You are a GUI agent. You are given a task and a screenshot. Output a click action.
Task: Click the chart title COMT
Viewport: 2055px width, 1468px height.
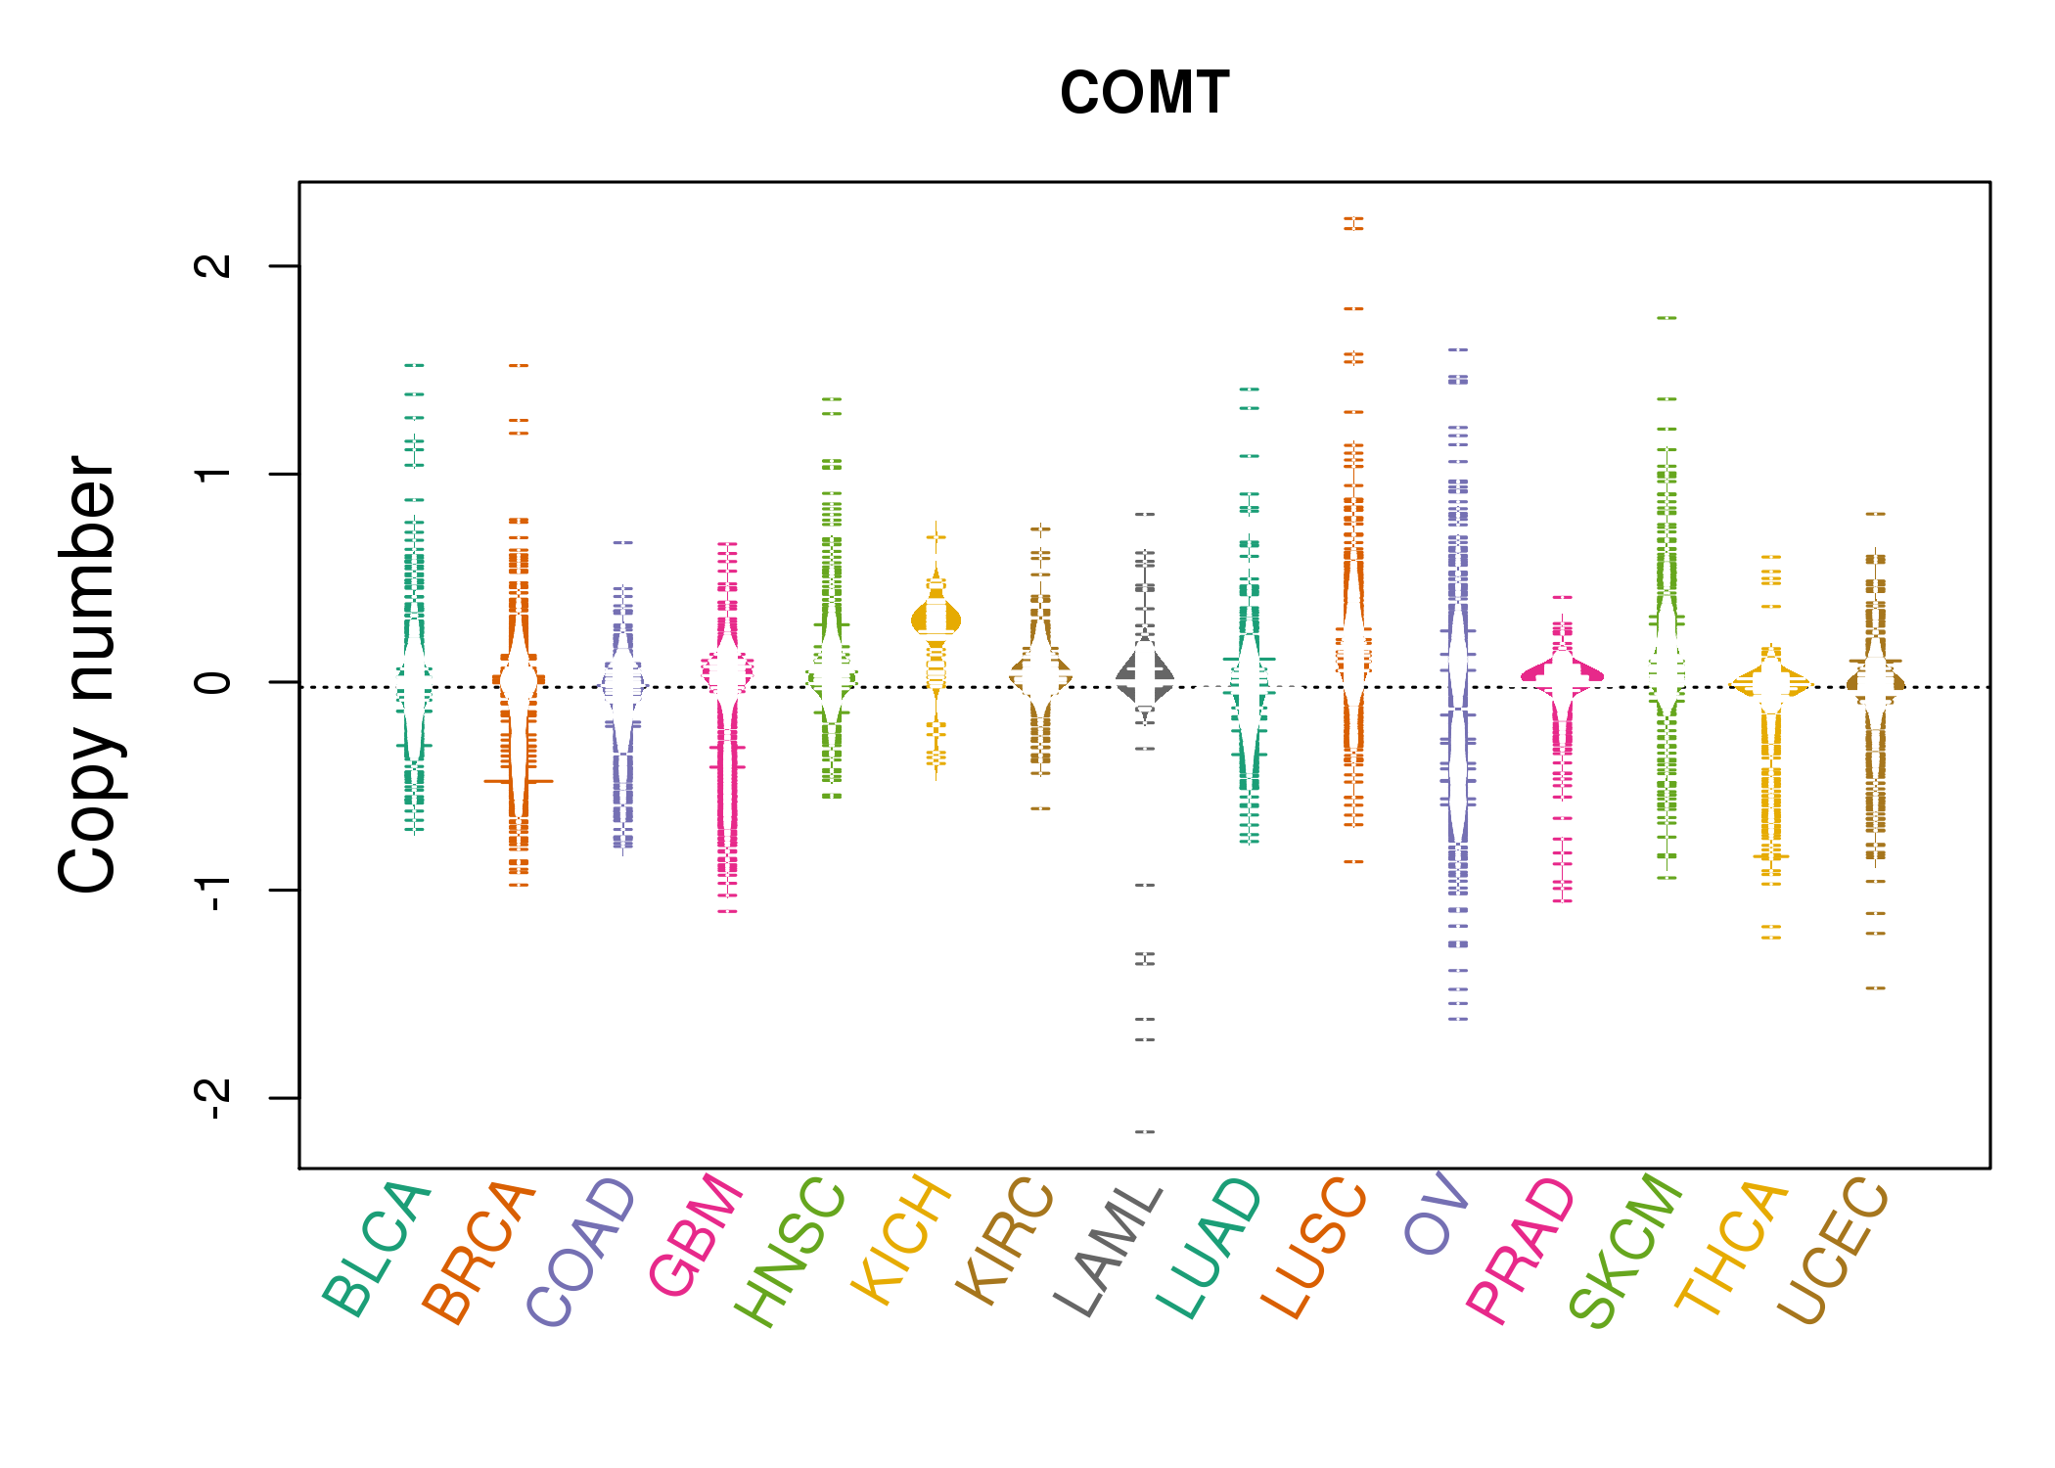tap(1144, 94)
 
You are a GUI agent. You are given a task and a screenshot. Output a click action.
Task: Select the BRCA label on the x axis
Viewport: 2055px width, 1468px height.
tap(479, 1252)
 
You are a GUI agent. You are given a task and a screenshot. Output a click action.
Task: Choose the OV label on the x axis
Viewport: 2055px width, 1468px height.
tap(1437, 1214)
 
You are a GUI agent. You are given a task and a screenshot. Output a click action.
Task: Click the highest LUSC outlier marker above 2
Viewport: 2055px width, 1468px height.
tap(1353, 219)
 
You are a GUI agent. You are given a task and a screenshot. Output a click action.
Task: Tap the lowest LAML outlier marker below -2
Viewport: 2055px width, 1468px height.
tap(1145, 1132)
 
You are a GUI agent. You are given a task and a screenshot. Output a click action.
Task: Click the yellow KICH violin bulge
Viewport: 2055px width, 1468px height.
tap(936, 619)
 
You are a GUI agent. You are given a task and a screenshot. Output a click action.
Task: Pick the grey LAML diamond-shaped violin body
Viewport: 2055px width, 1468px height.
tap(1145, 675)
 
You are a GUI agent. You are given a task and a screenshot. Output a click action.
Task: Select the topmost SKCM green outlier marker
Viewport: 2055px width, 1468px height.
tap(1667, 318)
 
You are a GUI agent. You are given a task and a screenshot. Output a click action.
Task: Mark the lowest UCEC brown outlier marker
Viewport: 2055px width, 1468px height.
tap(1875, 988)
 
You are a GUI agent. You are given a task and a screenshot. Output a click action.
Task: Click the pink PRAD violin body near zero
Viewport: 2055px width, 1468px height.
tap(1563, 674)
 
